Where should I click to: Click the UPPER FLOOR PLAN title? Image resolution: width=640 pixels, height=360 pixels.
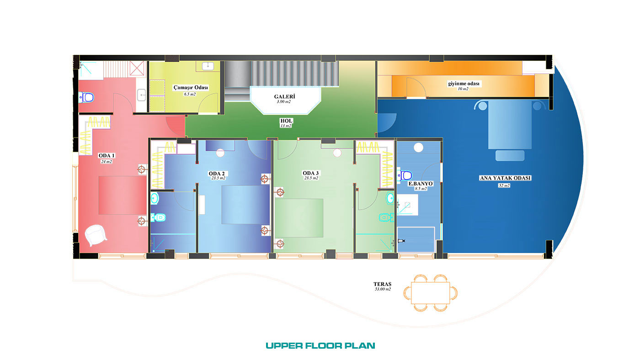point(320,346)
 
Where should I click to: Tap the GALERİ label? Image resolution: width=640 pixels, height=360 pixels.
point(284,97)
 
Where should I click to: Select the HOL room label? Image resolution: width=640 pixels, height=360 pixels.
point(286,121)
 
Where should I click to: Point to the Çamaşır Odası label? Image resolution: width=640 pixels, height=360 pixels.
point(191,87)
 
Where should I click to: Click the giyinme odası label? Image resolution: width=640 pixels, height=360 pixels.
point(464,84)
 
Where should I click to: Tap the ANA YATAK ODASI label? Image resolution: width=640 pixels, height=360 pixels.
point(505,178)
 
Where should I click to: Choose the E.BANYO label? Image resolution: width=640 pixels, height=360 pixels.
point(420,184)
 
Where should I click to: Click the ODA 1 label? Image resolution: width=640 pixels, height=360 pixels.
point(107,156)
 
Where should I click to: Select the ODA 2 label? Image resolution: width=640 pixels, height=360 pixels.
point(217,174)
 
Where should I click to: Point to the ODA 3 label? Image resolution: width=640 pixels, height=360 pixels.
point(310,173)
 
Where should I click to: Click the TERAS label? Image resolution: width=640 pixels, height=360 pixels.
point(382,284)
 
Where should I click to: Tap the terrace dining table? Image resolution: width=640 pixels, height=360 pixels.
point(430,293)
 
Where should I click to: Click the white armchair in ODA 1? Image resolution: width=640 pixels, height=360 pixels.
point(96,235)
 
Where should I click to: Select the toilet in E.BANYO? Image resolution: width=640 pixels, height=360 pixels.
point(405,175)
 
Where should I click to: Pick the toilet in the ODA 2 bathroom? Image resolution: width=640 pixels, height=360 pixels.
point(158,218)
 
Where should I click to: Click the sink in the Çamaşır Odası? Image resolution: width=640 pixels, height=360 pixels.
point(208,66)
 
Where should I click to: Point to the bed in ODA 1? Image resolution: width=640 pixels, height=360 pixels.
point(123,195)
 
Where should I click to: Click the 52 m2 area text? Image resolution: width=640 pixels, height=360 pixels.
point(504,185)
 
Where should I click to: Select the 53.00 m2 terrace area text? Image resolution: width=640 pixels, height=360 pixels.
point(383,289)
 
